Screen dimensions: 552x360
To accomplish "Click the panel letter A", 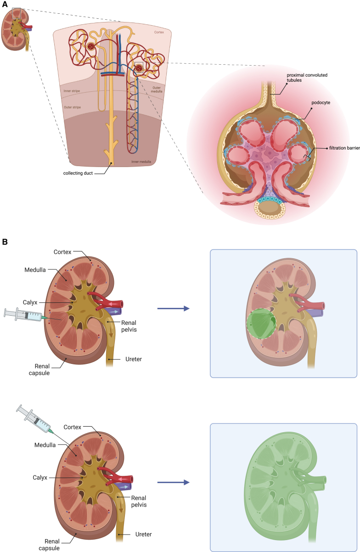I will (5, 4).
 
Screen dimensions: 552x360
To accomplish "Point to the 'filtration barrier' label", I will (344, 148).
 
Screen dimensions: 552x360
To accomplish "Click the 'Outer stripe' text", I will (73, 107).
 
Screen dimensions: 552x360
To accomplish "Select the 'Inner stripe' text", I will (72, 91).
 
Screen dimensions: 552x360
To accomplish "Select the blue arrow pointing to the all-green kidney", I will (173, 482).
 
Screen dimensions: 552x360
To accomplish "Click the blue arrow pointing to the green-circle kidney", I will (173, 309).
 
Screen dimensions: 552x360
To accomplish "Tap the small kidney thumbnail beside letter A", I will (17, 28).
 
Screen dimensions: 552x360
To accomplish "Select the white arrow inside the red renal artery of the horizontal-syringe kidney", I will (112, 303).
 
